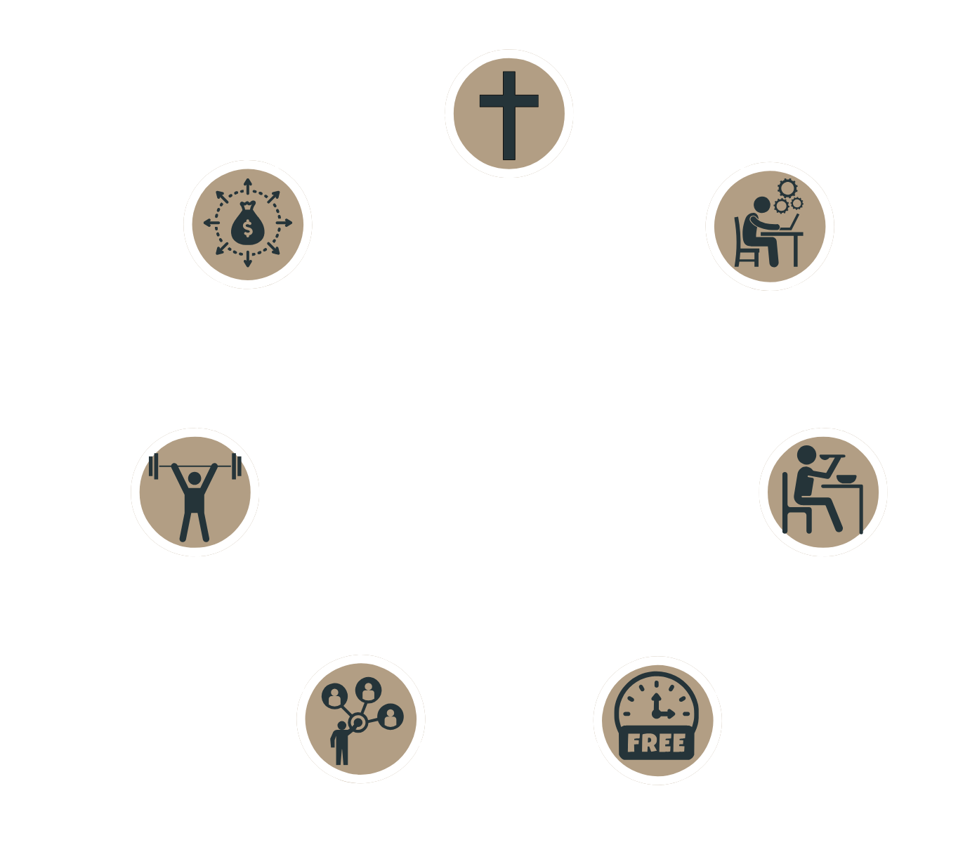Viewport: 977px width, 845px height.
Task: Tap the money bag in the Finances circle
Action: click(x=247, y=225)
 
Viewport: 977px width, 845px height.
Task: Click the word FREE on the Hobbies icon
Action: click(x=655, y=742)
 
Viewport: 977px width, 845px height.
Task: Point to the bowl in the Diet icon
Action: click(x=846, y=478)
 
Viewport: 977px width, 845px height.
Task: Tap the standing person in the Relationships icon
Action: click(x=341, y=745)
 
